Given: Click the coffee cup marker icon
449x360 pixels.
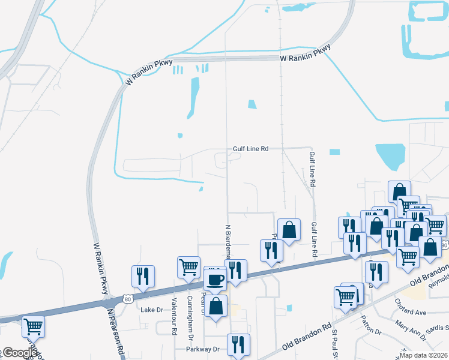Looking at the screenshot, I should [x=216, y=279].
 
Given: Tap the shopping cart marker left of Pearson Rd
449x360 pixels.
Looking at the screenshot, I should [x=32, y=327].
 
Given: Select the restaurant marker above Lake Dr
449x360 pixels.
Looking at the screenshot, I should [x=143, y=276].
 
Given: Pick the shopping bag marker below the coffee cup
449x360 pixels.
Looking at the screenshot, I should [x=216, y=306].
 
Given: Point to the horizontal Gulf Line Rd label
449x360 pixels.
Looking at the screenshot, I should [x=250, y=149].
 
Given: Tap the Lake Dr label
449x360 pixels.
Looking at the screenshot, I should [x=151, y=310].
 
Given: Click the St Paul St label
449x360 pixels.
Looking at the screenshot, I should [x=334, y=344].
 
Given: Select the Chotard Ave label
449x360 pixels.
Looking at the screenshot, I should [x=411, y=313].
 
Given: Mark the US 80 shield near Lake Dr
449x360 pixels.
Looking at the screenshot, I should [x=127, y=298].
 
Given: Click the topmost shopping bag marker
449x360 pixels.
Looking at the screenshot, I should [x=400, y=191].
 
